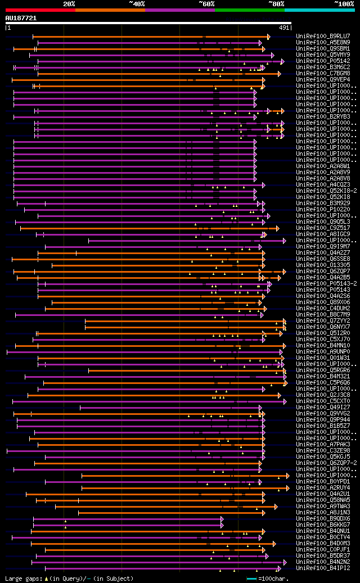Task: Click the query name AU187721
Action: coord(21,18)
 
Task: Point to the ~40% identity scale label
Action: coord(137,3)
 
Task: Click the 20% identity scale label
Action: coord(69,3)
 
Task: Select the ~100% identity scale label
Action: coord(344,3)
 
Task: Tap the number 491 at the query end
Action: coord(284,27)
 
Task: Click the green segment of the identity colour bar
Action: coord(249,10)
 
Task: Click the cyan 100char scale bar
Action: coord(251,578)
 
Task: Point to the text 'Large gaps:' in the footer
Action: coord(22,578)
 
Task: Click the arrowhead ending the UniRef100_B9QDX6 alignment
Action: coord(222,518)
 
